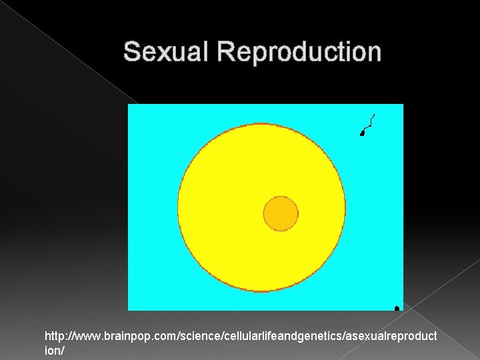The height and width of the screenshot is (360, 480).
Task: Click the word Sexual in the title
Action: click(x=166, y=52)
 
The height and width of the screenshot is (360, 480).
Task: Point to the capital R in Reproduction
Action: click(x=224, y=52)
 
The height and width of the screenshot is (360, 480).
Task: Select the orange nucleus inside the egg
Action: click(x=281, y=213)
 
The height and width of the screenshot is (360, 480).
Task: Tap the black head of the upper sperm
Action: click(x=362, y=134)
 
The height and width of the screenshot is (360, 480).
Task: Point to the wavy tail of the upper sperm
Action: click(x=369, y=122)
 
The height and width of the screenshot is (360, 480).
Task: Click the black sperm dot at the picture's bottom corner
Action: click(x=397, y=308)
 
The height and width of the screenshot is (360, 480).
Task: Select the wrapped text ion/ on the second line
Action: click(x=53, y=349)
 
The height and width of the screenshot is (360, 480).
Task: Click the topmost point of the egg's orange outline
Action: click(x=261, y=123)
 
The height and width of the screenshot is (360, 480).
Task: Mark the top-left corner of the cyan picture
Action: click(x=129, y=105)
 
